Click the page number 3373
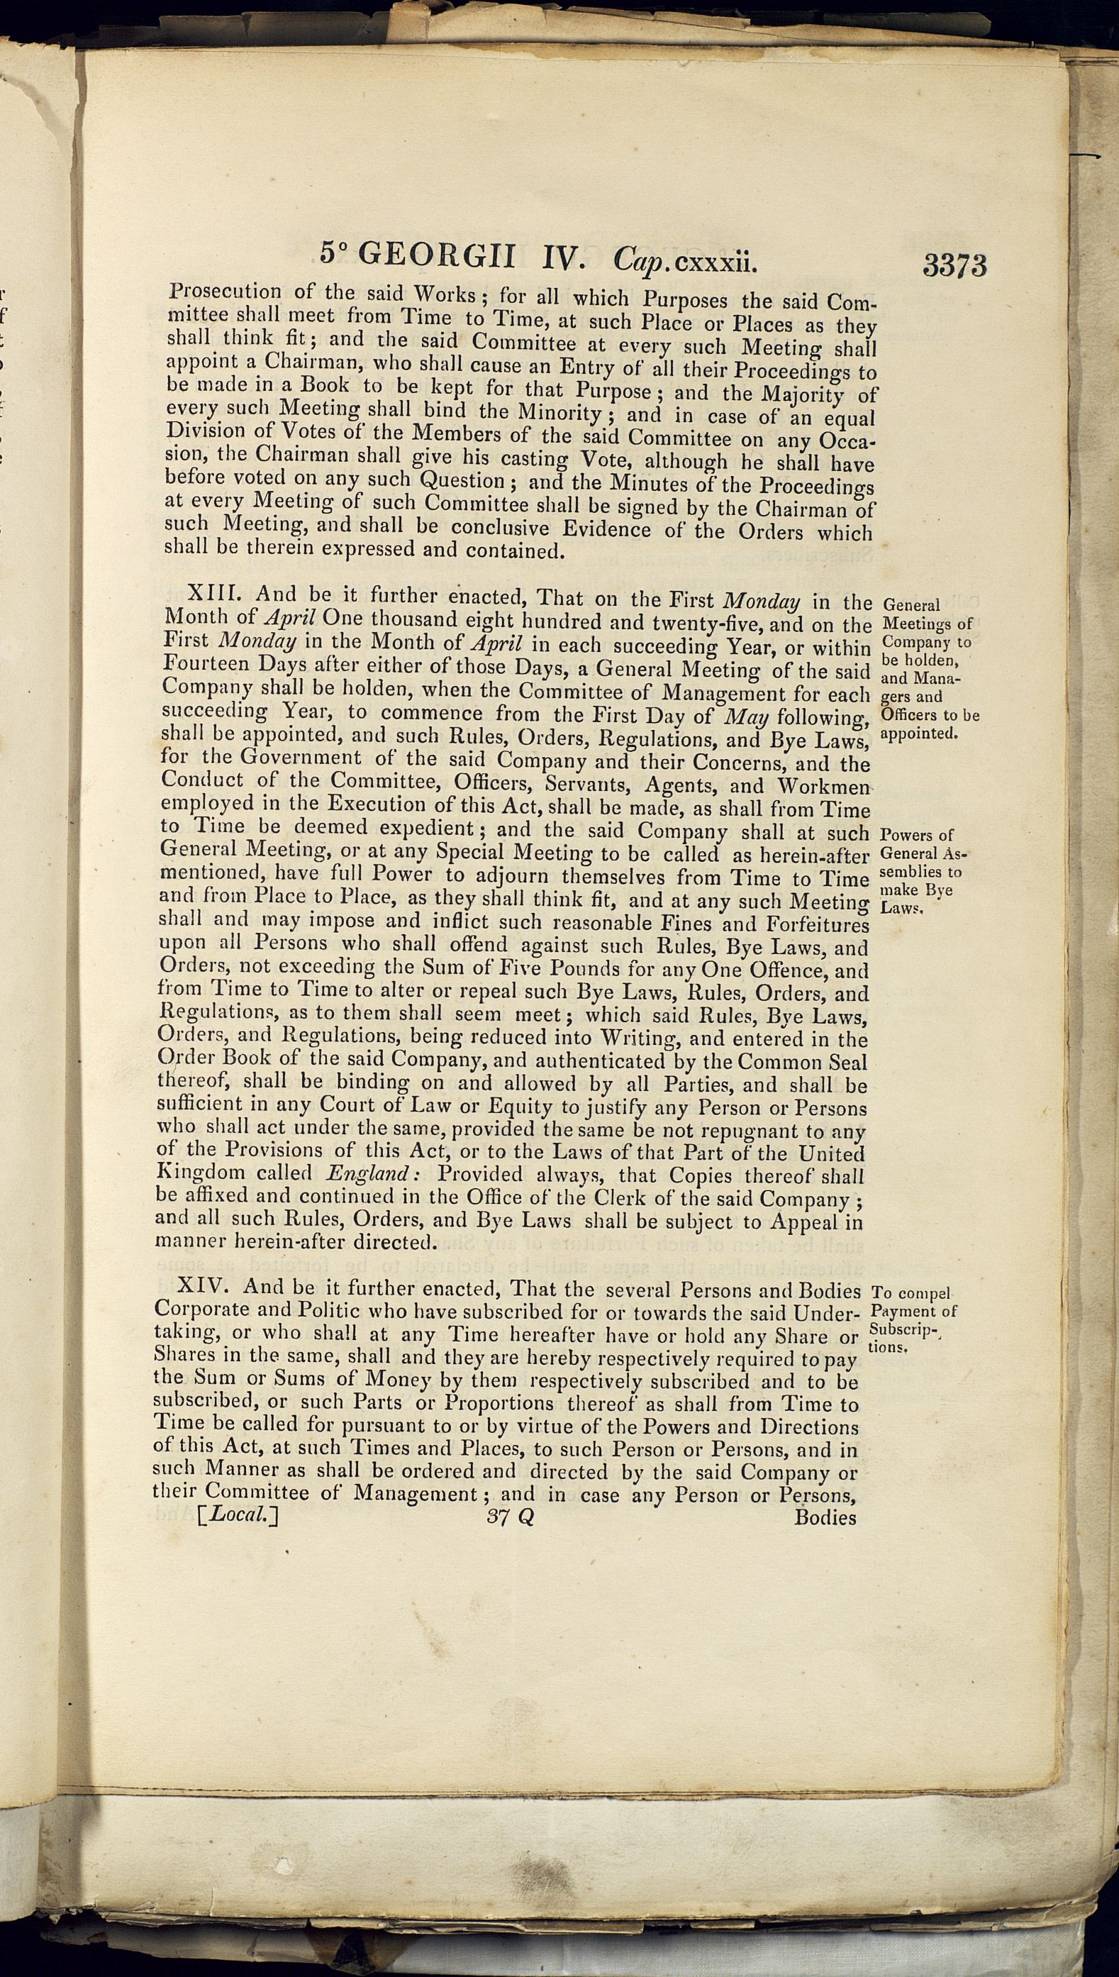[954, 265]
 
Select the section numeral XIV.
[202, 1286]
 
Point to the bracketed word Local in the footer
[238, 1514]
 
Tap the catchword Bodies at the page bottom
[825, 1517]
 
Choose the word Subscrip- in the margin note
[904, 1330]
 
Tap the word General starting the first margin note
[912, 604]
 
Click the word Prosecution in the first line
[224, 292]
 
